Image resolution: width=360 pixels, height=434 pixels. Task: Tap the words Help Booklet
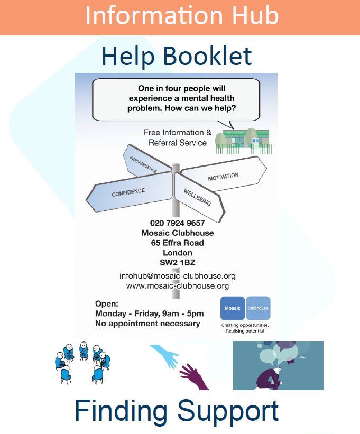[x=177, y=56]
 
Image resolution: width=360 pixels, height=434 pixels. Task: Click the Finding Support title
[x=177, y=411]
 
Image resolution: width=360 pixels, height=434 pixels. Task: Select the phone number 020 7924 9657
[x=177, y=223]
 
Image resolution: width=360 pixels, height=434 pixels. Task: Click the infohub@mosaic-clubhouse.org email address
[x=178, y=276]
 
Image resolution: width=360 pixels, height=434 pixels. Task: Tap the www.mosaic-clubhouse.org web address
[x=178, y=286]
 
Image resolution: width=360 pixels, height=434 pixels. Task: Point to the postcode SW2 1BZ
[x=177, y=262]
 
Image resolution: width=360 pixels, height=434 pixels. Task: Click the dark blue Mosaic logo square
[x=233, y=308]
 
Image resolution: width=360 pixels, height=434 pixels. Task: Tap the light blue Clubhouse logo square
[x=258, y=308]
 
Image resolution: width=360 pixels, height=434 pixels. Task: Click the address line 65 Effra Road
[x=177, y=243]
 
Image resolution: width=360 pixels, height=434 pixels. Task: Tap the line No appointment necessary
[x=147, y=323]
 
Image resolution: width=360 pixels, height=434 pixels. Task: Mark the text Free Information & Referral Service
[x=177, y=137]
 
